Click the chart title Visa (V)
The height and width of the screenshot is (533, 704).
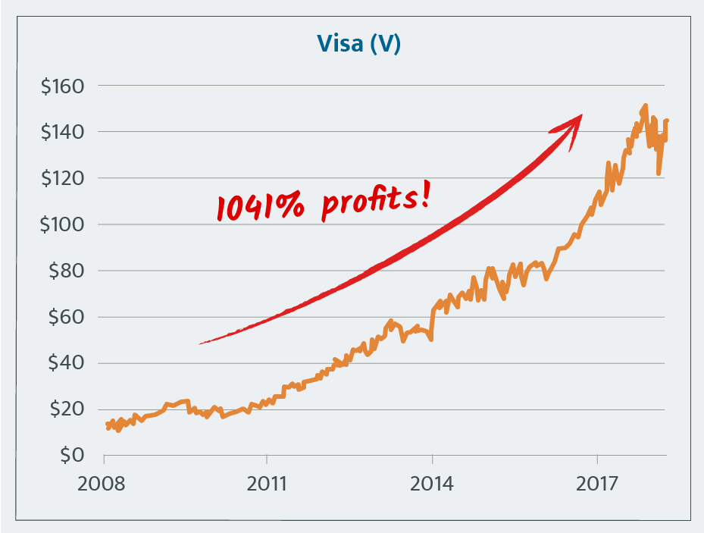pos(349,45)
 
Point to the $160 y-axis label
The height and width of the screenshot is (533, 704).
pos(64,86)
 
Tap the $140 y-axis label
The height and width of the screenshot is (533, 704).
pos(64,132)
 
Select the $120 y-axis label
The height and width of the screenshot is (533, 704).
pos(64,178)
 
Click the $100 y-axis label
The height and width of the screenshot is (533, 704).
pos(64,224)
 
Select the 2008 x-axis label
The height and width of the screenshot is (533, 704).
pos(102,483)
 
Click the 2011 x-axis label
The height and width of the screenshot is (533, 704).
pos(267,483)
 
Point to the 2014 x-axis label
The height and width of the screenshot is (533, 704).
pos(432,483)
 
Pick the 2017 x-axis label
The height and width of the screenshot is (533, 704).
pos(597,483)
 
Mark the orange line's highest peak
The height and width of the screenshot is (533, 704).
pos(645,105)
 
